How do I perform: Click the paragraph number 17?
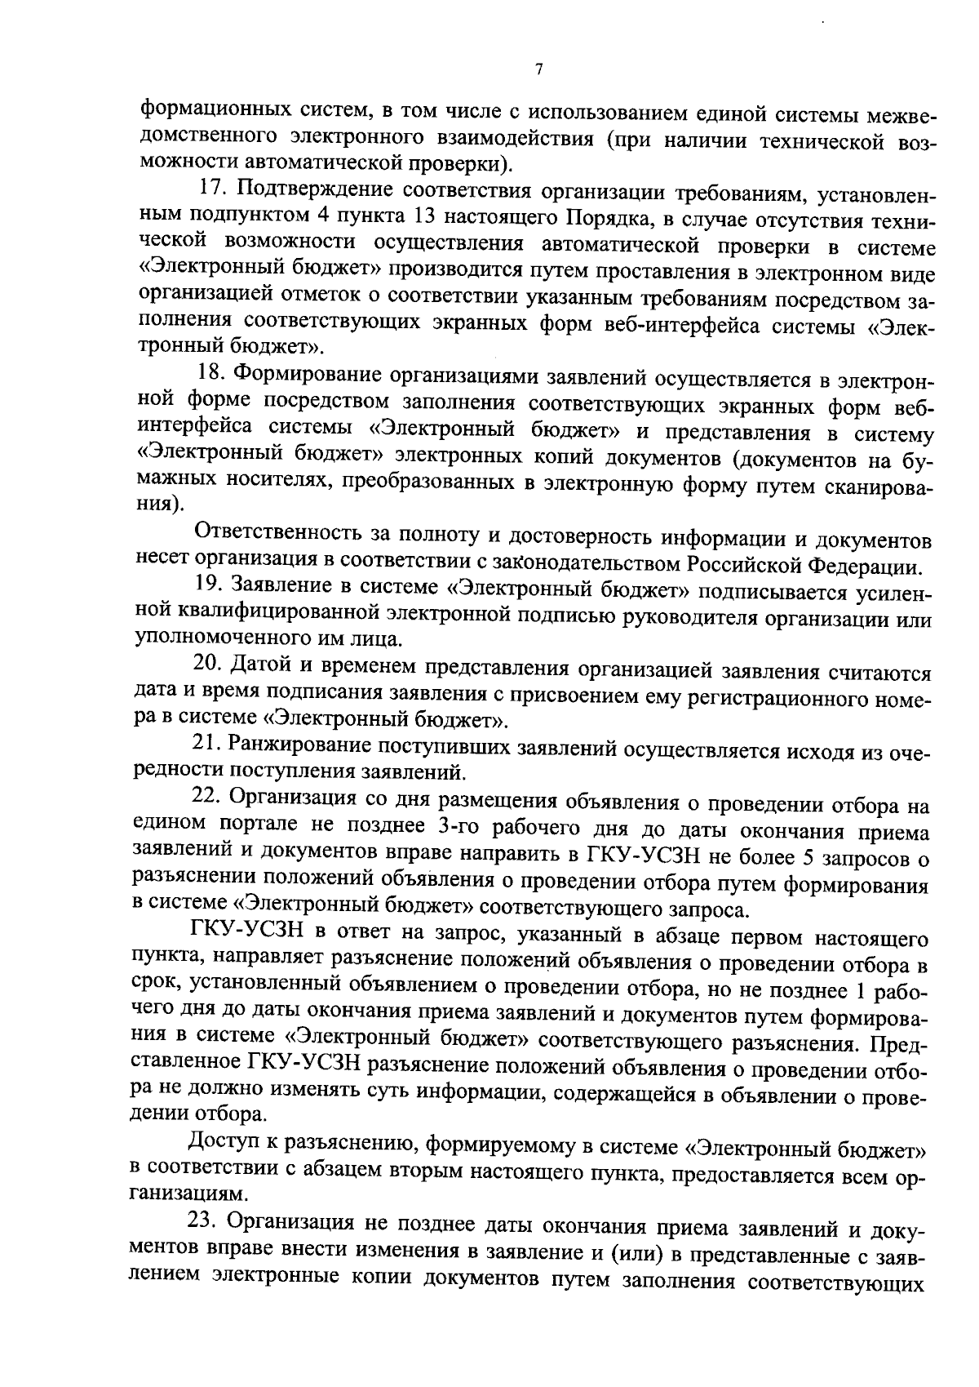pos(213,190)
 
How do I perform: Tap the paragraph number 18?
pos(211,376)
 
